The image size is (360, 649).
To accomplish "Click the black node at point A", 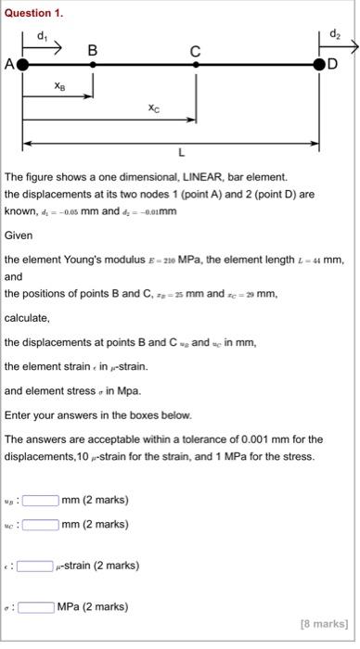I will point(23,65).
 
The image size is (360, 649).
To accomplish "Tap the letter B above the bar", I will point(92,50).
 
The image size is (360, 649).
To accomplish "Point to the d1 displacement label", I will point(41,35).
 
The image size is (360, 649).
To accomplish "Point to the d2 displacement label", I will point(335,35).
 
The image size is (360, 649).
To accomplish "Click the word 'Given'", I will point(19,235).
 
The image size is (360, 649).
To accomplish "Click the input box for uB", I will point(42,501).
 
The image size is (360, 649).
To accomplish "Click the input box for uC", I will point(42,525).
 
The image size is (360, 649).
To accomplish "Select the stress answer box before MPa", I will point(35,607).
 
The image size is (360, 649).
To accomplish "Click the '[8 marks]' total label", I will point(325,624).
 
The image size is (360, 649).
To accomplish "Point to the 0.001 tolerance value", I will point(250,439).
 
